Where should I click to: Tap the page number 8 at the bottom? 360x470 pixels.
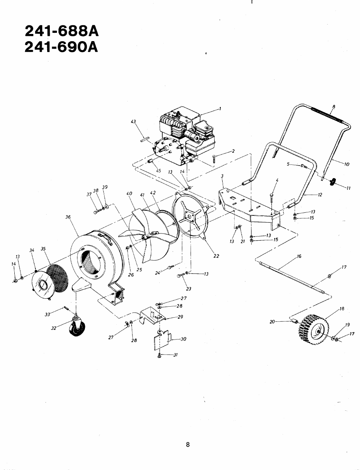point(188,444)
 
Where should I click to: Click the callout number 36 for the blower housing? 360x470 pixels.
point(68,217)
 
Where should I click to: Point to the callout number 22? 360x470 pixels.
point(216,256)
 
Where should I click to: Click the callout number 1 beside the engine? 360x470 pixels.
point(220,109)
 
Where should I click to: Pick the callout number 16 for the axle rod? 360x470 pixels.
point(299,256)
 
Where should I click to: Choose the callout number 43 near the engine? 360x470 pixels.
point(133,121)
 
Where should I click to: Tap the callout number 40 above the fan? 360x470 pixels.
point(129,194)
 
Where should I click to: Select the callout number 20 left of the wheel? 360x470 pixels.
point(272,322)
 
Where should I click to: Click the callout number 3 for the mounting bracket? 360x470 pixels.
point(222,176)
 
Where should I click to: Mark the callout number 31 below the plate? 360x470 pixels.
point(175,355)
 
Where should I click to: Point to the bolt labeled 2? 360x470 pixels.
point(214,158)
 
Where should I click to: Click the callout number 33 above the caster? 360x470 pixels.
point(47,314)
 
